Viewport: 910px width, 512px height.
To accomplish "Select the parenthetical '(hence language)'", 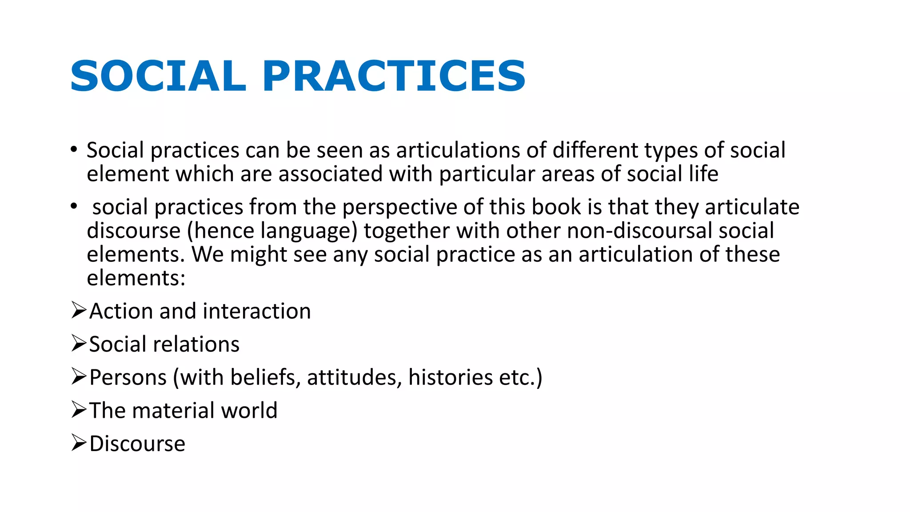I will (272, 231).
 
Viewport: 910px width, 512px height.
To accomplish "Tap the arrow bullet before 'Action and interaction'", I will (79, 310).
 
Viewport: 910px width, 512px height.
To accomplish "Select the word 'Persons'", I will (128, 378).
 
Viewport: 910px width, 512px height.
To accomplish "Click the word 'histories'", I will (450, 378).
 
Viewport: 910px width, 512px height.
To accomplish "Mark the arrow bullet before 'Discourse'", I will (79, 443).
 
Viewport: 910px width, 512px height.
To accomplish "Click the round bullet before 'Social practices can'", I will (74, 150).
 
